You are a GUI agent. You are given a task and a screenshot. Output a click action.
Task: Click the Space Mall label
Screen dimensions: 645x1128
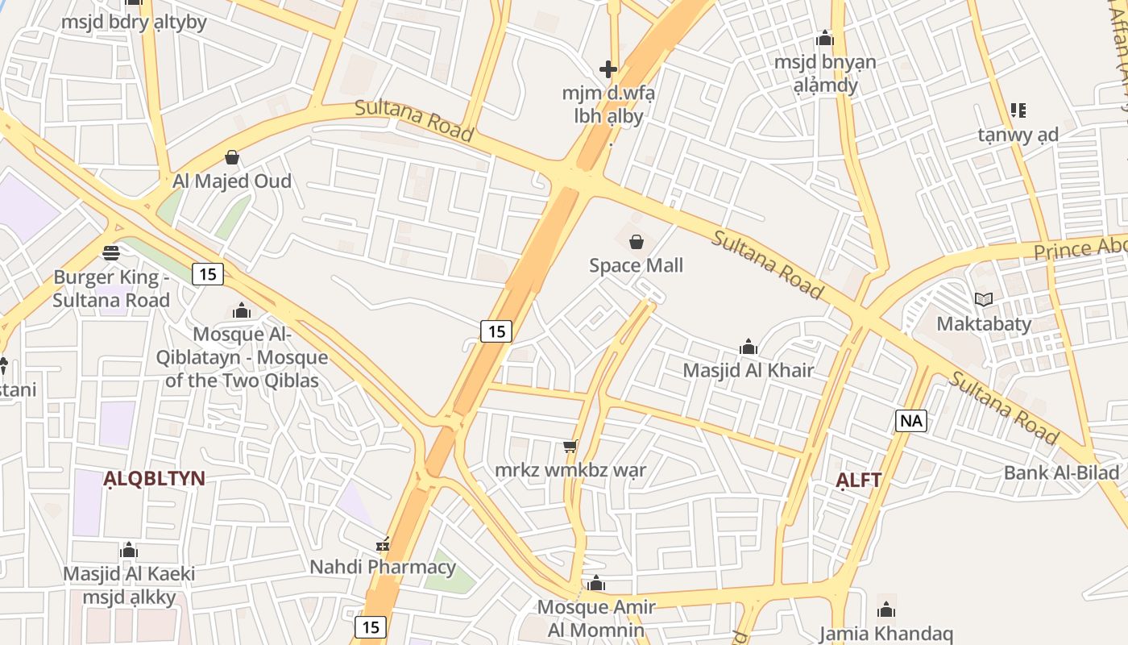(636, 265)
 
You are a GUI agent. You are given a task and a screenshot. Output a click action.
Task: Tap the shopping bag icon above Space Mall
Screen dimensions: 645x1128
(637, 241)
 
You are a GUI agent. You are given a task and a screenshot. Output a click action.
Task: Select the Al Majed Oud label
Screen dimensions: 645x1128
(232, 181)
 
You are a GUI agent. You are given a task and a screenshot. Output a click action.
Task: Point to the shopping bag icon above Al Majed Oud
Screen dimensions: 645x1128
(232, 156)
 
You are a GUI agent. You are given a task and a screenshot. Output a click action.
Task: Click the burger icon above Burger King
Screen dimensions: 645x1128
(111, 253)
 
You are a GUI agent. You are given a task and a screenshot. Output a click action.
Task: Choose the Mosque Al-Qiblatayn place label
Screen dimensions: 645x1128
(246, 357)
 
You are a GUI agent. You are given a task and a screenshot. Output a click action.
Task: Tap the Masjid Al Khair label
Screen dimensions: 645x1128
(748, 370)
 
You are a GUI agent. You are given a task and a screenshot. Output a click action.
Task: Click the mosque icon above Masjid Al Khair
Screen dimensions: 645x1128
(748, 347)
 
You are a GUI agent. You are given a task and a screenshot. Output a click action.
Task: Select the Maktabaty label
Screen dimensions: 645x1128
(983, 324)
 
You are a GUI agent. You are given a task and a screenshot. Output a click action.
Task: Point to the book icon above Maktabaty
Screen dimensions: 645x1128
(983, 300)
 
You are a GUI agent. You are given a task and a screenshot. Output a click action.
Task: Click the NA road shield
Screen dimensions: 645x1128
(910, 420)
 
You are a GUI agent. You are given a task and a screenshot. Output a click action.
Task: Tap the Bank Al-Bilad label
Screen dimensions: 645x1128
(1061, 472)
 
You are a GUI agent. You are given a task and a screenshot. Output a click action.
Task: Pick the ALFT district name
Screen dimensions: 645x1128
(858, 480)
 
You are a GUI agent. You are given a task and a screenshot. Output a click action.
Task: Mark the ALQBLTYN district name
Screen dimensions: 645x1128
(154, 478)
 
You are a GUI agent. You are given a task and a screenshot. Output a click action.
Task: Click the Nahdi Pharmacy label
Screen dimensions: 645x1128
(383, 567)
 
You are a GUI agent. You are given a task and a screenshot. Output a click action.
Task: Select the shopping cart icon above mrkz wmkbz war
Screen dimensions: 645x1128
(570, 446)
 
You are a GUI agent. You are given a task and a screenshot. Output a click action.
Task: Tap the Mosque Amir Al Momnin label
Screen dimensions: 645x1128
(596, 618)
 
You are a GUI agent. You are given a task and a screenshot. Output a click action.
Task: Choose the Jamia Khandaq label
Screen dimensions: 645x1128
(885, 633)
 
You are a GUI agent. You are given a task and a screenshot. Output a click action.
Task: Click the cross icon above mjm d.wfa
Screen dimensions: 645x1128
(608, 69)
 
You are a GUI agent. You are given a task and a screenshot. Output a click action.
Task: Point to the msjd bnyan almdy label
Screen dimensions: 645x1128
(824, 73)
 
